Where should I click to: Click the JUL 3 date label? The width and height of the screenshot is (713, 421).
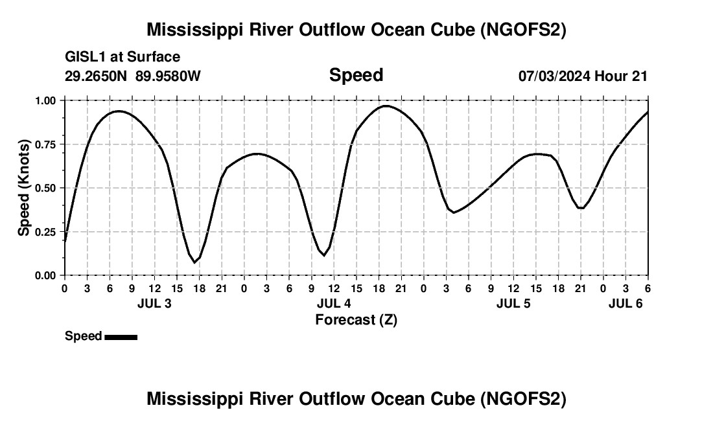pos(154,303)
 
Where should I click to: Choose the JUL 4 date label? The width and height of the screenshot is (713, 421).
pos(334,303)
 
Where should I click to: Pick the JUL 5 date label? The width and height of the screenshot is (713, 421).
pos(513,303)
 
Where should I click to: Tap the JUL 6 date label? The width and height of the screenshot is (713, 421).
pos(625,303)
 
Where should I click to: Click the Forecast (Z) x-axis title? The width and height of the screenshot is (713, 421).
pos(356,319)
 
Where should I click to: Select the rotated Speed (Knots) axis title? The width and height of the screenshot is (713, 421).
pos(24,188)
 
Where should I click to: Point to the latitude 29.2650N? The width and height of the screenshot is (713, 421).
pos(97,76)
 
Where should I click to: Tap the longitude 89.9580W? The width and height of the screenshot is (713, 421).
pos(168,76)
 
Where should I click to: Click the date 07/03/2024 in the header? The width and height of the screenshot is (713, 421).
pos(554,76)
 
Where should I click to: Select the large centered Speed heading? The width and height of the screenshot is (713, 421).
pos(356,75)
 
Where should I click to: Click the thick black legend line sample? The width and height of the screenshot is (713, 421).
pos(121,337)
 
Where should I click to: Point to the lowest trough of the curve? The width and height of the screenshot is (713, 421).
pos(194,262)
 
